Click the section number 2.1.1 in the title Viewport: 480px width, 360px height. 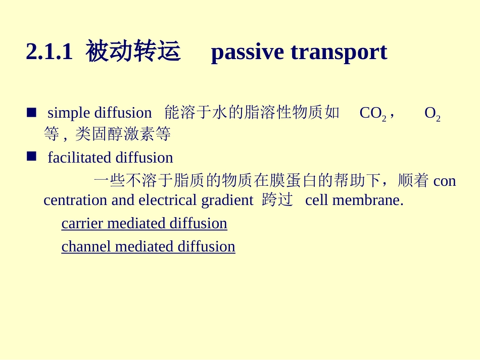click(49, 52)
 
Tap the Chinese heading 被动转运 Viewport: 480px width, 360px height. click(133, 52)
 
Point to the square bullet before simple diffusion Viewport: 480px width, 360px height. click(31, 112)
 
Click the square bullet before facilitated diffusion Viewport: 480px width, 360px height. click(31, 157)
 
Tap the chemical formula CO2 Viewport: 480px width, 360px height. click(372, 113)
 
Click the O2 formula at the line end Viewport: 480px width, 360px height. click(432, 113)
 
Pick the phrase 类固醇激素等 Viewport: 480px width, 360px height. click(123, 134)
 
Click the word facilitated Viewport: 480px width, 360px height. click(79, 158)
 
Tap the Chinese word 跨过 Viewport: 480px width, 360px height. click(277, 200)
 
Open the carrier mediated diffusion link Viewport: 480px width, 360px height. click(144, 223)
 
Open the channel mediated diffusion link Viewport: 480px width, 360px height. click(148, 246)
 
